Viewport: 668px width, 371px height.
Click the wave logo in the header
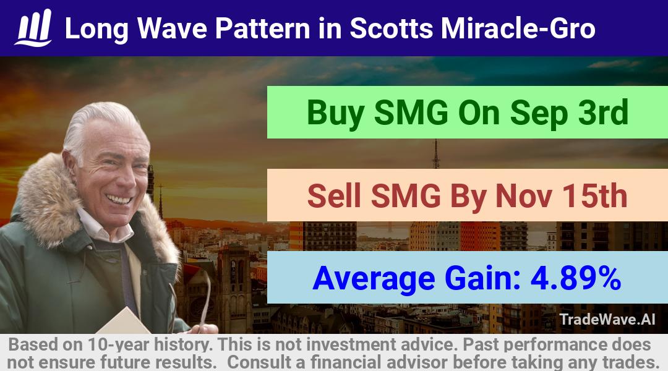pos(33,28)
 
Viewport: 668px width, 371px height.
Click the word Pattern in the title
pos(262,28)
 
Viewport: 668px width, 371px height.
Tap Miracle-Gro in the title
pos(518,28)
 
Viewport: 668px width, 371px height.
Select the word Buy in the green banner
pos(335,113)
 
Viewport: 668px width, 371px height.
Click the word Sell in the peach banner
pos(334,196)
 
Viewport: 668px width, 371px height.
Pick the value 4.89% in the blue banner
pos(576,278)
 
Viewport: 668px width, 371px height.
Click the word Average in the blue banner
pos(374,279)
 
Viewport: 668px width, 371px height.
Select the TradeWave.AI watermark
pos(607,319)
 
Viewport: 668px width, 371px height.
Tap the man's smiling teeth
pos(119,198)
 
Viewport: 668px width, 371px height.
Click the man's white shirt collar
pos(105,228)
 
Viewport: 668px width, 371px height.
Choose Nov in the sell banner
pos(524,196)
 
